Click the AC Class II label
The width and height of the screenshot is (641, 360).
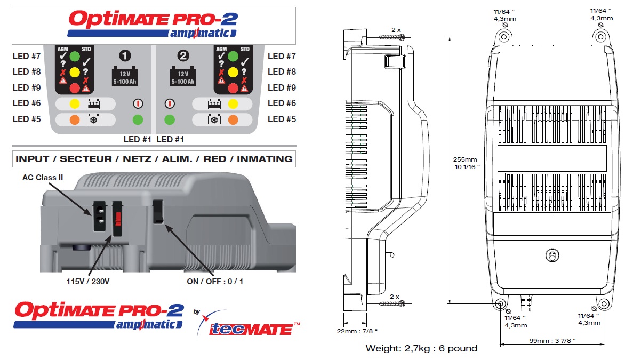point(43,177)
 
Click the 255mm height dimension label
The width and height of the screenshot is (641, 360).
point(466,163)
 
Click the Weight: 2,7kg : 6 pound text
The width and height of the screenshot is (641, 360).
point(421,348)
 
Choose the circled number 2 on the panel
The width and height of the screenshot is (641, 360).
point(183,55)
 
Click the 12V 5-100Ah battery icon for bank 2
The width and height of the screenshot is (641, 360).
point(183,77)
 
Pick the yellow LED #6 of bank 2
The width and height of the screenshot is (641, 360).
point(233,103)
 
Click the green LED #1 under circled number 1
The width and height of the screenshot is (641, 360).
point(138,119)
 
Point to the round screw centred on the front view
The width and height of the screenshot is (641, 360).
point(551,256)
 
